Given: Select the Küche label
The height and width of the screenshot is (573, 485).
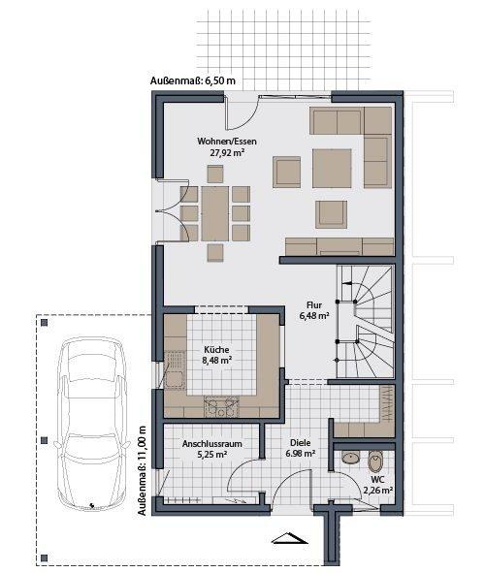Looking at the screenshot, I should (215, 350).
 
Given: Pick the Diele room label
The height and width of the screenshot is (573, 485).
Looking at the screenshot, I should (301, 442).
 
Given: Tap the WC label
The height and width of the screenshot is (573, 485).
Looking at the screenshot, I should (378, 479).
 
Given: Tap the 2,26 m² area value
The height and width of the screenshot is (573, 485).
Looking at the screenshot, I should (378, 491).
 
